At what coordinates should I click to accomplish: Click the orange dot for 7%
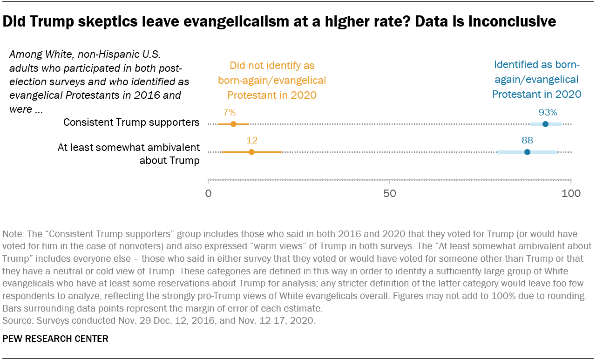tap(233, 124)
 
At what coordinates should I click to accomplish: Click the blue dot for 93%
tap(545, 124)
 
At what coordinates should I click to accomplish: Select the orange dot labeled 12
tap(251, 152)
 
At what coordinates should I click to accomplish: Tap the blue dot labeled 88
tap(527, 152)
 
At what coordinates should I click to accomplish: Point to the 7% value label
tap(230, 112)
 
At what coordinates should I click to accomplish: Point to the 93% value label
tap(548, 112)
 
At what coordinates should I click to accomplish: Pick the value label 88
tap(527, 140)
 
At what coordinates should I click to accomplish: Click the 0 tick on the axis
tap(208, 192)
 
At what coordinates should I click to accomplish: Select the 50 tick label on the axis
tap(389, 192)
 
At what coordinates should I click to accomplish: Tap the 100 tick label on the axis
tap(570, 192)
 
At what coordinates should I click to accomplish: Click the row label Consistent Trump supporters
tap(131, 122)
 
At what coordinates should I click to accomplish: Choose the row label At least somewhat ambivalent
tap(129, 148)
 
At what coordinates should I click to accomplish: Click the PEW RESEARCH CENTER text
tap(55, 339)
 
